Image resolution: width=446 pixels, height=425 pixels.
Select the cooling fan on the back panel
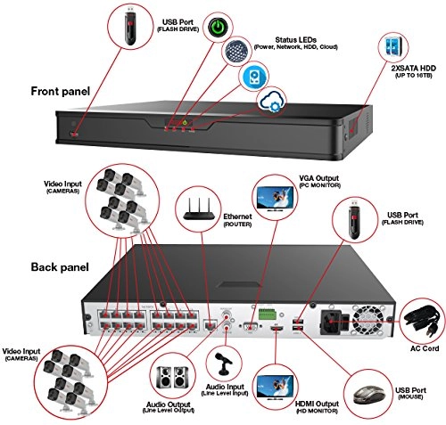point(366,316)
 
